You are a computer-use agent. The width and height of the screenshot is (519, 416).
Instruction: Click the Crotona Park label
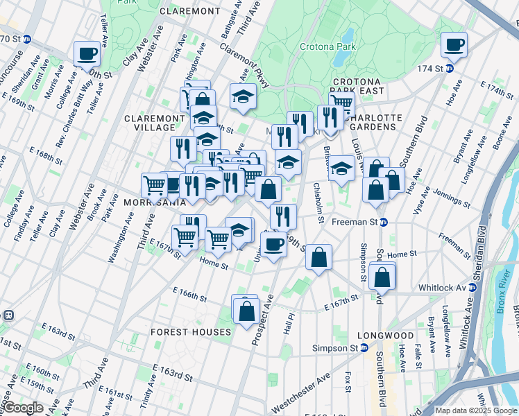327,47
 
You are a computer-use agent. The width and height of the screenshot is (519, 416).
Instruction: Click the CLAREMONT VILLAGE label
153,123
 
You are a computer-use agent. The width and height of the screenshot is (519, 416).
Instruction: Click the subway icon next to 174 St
449,68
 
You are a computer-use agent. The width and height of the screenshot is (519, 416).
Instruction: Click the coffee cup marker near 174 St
454,45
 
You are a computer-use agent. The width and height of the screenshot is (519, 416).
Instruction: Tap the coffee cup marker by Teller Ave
87,53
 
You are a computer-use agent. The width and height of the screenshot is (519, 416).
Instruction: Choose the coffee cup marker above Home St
274,244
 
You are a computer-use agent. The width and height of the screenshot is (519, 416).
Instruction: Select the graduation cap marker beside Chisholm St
341,168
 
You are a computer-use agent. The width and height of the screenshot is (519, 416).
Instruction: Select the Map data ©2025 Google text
475,410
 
